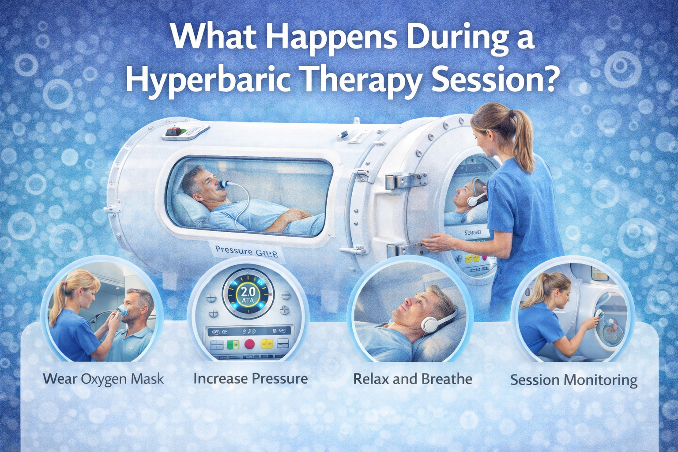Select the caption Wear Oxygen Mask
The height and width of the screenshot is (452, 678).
pos(104,379)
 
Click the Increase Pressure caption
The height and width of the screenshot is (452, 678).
pos(251,378)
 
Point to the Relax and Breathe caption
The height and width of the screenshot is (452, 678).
pos(413,379)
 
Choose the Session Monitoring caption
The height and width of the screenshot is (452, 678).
pos(574,380)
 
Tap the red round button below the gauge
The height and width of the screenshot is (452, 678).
pos(250,344)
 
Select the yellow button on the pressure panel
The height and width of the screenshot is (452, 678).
pos(266,344)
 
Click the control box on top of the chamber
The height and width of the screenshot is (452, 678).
pos(185,132)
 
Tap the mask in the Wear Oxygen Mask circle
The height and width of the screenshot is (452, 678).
pos(123,311)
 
